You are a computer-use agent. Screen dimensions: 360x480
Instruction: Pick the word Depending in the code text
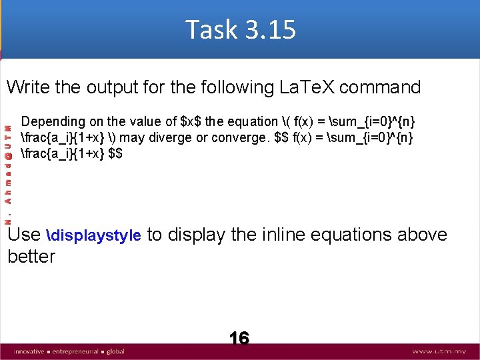(x=53, y=122)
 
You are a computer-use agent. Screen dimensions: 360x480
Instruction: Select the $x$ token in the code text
(x=191, y=122)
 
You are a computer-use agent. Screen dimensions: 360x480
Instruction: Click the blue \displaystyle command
(x=94, y=235)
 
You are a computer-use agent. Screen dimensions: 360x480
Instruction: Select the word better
(x=31, y=257)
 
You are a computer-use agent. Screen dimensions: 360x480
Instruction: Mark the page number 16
(x=239, y=339)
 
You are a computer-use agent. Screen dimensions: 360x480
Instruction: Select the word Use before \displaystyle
(x=24, y=235)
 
